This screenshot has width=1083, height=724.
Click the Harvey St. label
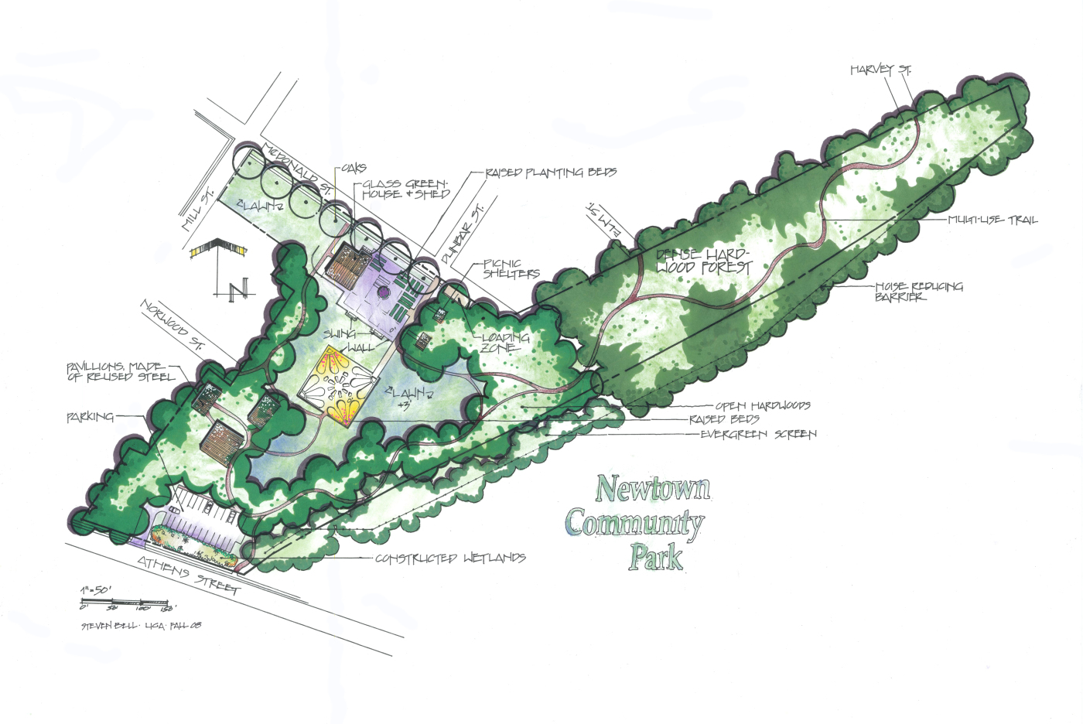coord(880,70)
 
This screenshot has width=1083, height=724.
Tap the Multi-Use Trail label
coord(992,220)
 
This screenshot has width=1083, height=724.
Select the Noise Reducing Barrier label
coord(918,291)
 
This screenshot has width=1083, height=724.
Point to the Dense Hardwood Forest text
coord(703,261)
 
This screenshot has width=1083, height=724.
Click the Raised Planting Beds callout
coord(550,172)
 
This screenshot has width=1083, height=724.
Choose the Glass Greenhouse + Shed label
coord(405,190)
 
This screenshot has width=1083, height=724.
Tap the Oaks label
coord(354,168)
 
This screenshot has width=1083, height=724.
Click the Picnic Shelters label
coord(511,268)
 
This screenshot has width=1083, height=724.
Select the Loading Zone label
coord(505,343)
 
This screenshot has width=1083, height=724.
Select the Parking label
coord(90,417)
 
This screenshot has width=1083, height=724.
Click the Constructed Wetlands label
coord(449,558)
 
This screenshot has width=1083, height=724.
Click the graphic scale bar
coord(124,602)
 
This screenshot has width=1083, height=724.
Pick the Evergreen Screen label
coord(757,434)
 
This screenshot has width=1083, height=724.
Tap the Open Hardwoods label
coord(762,405)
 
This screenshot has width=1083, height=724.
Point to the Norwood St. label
coord(172,325)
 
